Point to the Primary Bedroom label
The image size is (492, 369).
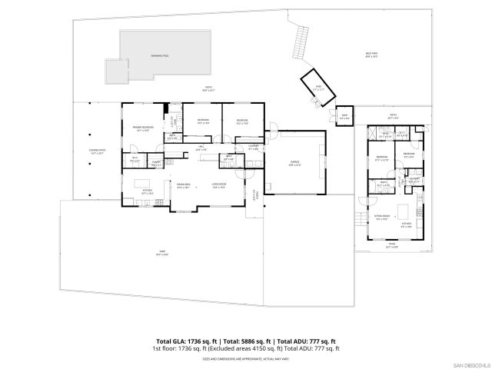point(142,128)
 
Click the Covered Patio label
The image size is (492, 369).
point(97,151)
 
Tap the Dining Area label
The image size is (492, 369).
point(183,184)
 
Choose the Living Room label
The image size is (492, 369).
point(218,184)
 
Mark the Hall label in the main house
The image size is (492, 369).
point(201,148)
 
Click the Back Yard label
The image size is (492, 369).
point(371,55)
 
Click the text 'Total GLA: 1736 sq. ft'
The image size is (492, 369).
point(187,341)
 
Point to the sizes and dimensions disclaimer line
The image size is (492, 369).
point(246,357)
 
